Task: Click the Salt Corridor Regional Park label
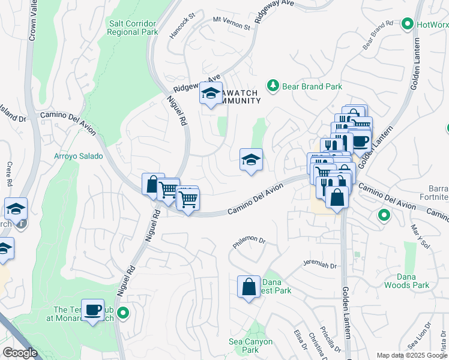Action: tap(133, 28)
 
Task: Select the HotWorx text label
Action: tap(432, 25)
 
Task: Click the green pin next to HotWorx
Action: tap(408, 25)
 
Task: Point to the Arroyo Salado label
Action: tap(79, 156)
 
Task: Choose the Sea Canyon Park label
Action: tap(251, 346)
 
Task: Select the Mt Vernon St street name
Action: tap(232, 23)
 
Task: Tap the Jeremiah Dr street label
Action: tap(320, 265)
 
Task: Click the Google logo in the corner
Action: tap(20, 353)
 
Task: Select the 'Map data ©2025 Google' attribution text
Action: tap(412, 355)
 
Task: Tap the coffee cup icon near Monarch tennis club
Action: tap(92, 310)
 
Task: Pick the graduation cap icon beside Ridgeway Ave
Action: tap(211, 93)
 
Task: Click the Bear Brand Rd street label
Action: tap(378, 36)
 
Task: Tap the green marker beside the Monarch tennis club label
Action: tap(123, 313)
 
